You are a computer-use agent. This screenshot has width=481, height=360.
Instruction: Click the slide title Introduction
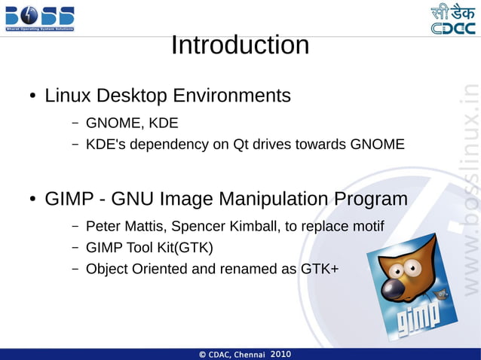pos(240,45)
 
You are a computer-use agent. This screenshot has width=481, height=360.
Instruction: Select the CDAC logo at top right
pos(453,19)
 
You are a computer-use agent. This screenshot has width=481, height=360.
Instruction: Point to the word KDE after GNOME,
pos(163,122)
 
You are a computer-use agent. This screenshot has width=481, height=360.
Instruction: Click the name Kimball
pos(255,226)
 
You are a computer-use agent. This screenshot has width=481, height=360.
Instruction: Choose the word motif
pos(366,226)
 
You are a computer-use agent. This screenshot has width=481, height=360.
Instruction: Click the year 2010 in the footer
pos(280,354)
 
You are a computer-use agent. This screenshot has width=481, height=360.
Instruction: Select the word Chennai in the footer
pos(250,354)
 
